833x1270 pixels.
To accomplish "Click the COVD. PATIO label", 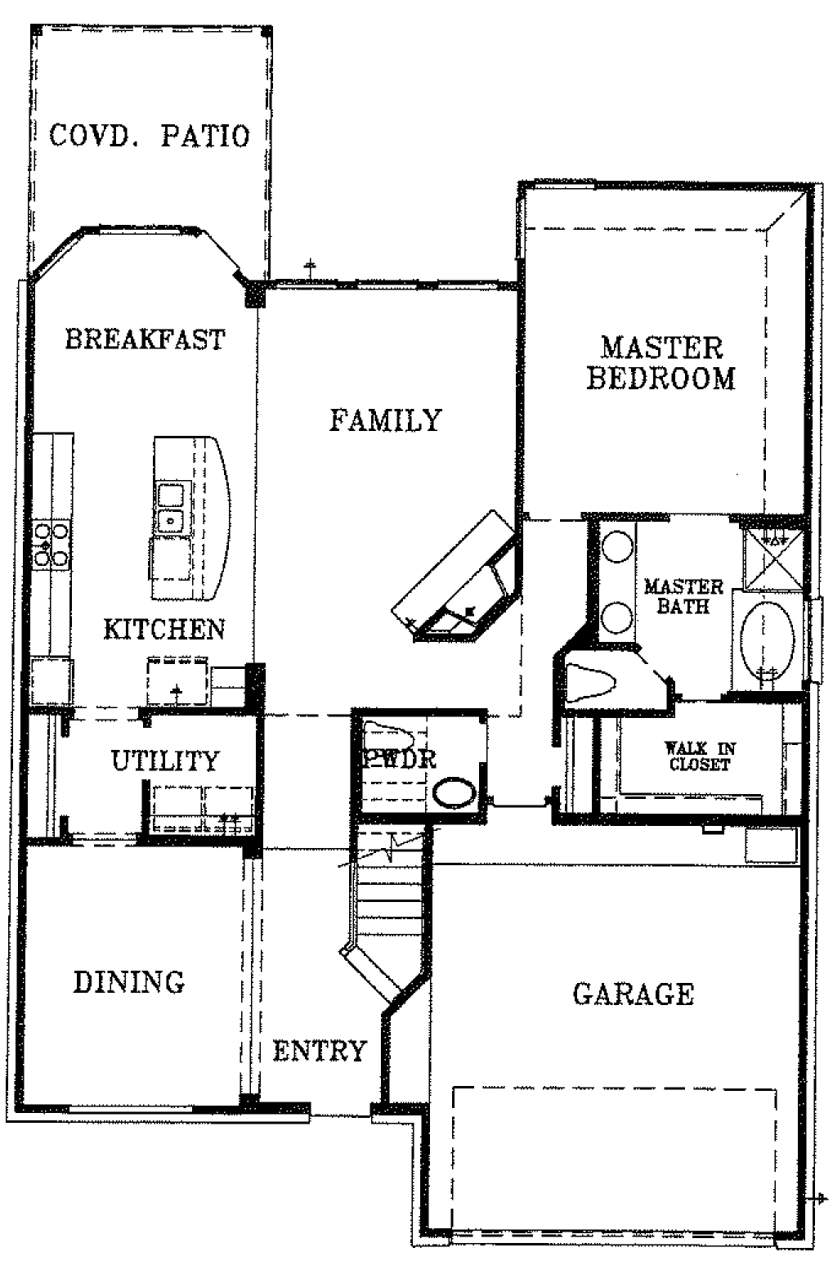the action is point(149,136).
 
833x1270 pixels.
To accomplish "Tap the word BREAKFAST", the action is point(145,339).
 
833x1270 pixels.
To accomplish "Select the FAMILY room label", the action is point(385,420).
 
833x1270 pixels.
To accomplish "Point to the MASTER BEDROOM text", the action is point(661,363).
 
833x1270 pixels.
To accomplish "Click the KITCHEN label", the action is point(164,630).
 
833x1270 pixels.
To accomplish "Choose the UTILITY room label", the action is point(165,761).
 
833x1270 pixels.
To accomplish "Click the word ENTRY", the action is point(320,1051).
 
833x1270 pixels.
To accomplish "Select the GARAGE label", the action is point(634,994).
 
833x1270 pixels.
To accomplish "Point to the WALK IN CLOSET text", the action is point(700,756).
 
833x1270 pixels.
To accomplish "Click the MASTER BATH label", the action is point(684,596).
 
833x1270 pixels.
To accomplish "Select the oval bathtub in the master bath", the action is point(768,641).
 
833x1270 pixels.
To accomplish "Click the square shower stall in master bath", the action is point(773,559).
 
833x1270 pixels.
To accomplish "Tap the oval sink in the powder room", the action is point(455,792).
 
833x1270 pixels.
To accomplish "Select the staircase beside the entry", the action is point(391,901).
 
